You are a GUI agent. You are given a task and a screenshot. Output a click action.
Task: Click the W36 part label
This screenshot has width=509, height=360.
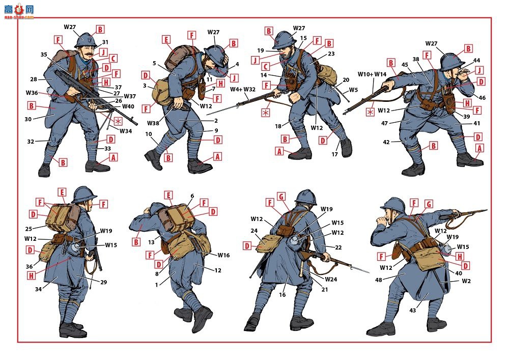pyautogui.click(x=32, y=93)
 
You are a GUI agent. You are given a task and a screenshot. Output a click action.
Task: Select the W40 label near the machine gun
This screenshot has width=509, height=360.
pyautogui.click(x=128, y=106)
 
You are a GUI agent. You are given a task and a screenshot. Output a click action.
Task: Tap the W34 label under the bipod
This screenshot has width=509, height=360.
pyautogui.click(x=126, y=131)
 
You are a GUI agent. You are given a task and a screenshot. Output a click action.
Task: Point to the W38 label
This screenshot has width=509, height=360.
pyautogui.click(x=153, y=123)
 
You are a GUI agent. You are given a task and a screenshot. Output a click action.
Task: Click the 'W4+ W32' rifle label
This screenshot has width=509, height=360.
pyautogui.click(x=243, y=89)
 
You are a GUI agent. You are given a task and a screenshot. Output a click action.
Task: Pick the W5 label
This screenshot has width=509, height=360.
pyautogui.click(x=353, y=90)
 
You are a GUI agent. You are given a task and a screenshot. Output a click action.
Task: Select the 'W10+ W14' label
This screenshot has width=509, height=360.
pyautogui.click(x=372, y=74)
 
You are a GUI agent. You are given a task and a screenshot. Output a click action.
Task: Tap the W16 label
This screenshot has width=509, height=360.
pyautogui.click(x=223, y=255)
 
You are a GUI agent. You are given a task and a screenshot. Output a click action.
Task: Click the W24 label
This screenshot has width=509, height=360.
pyautogui.click(x=331, y=279)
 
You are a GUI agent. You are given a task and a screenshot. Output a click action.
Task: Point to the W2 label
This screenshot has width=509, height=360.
pyautogui.click(x=466, y=281)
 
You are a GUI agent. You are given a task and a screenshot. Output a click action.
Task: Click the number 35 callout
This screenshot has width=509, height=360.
pyautogui.click(x=44, y=54)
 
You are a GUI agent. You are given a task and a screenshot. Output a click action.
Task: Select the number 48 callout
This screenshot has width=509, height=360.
pyautogui.click(x=379, y=280)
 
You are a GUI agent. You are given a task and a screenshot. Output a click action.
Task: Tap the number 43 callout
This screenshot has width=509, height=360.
pyautogui.click(x=413, y=310)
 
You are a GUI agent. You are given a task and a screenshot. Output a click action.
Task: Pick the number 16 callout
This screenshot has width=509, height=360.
pyautogui.click(x=282, y=295)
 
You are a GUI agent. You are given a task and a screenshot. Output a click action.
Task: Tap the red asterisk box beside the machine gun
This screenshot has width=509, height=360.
pyautogui.click(x=118, y=121)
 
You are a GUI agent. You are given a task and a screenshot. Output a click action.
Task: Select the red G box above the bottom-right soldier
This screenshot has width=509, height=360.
pyautogui.click(x=429, y=204)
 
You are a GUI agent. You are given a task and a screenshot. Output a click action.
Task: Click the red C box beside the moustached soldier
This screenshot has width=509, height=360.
pyautogui.click(x=113, y=59)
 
